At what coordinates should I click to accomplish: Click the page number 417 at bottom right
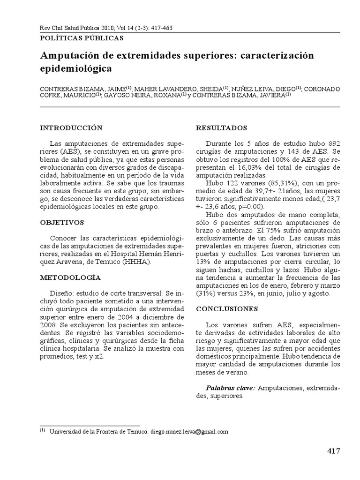333,451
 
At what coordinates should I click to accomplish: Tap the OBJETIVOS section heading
61,222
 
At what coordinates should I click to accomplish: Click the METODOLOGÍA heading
70,277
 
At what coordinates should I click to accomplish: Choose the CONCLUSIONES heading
227,309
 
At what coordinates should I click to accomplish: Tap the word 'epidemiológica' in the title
76,68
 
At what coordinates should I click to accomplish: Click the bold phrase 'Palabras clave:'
231,388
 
